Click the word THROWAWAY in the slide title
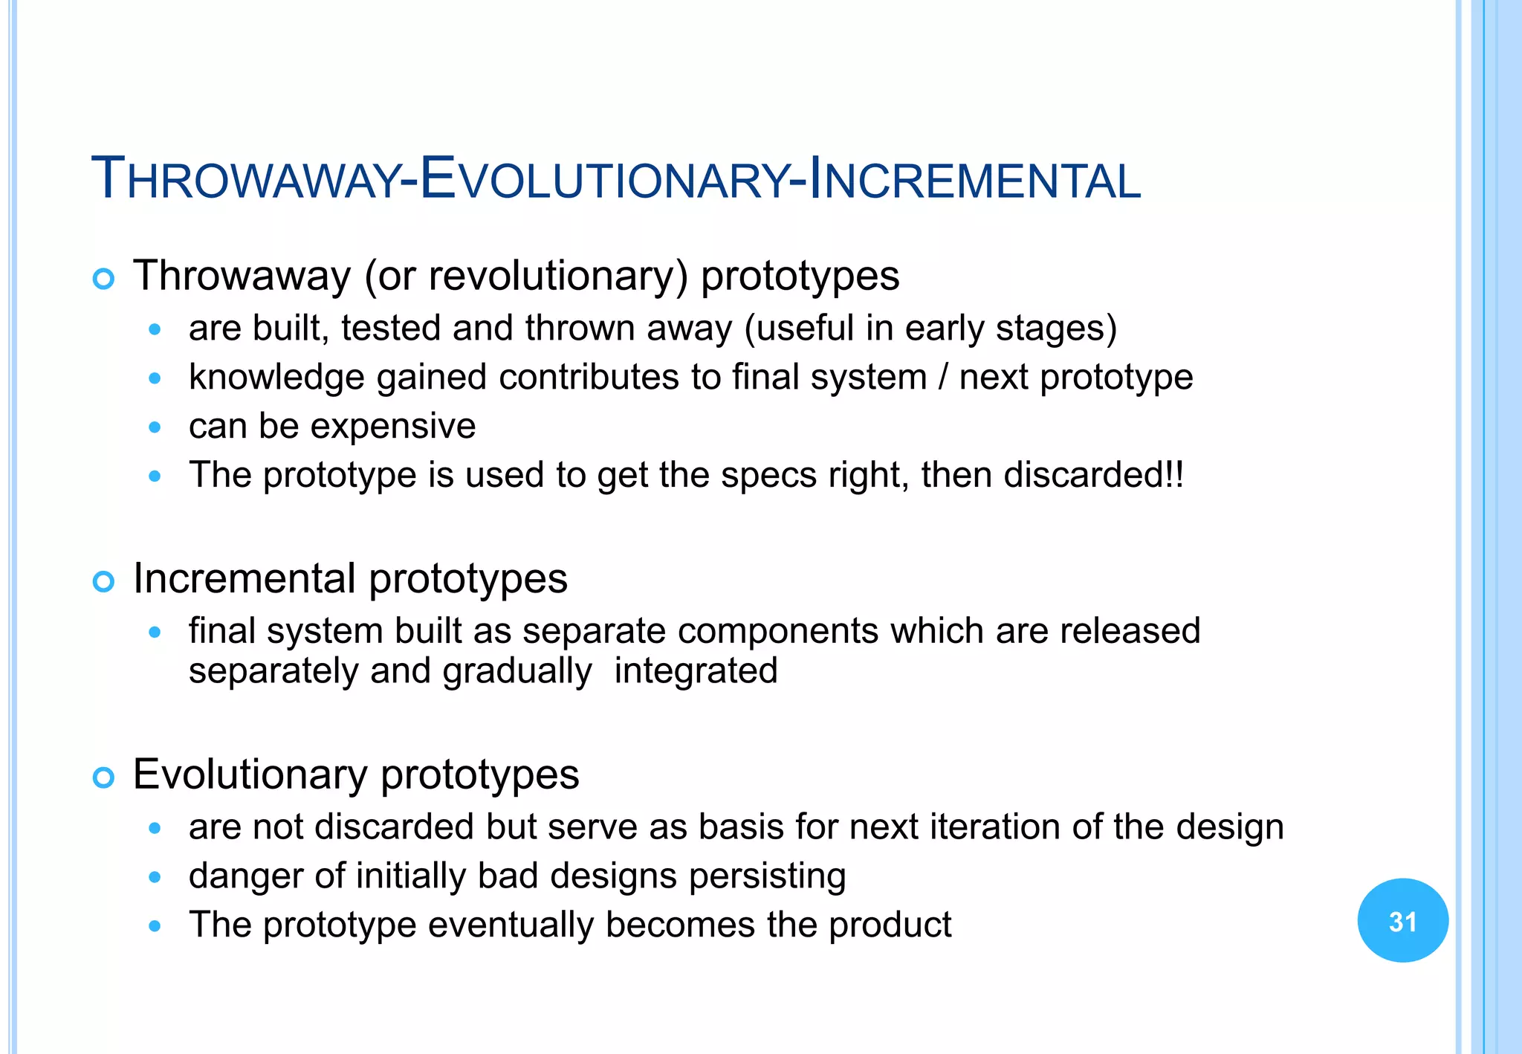point(245,180)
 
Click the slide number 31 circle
point(1402,921)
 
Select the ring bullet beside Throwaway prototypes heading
point(103,279)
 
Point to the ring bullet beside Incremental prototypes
point(103,581)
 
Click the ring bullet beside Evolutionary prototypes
point(103,777)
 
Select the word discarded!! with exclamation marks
point(1093,475)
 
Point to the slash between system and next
point(942,377)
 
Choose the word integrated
point(696,670)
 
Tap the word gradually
point(517,672)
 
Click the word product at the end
point(890,925)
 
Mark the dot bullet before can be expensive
point(155,427)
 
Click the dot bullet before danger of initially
point(155,877)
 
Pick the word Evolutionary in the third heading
point(250,775)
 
